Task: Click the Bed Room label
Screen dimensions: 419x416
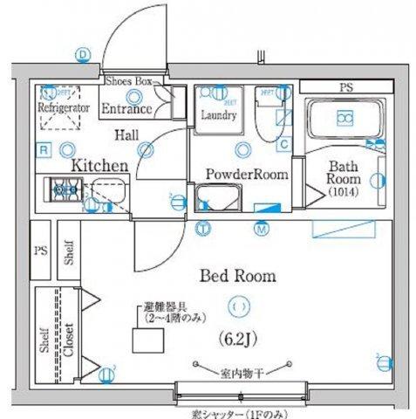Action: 238,276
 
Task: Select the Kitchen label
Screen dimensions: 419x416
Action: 100,164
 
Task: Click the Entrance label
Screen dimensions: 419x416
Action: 128,109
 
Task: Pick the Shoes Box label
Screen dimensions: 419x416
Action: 128,81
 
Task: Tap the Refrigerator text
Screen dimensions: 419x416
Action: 64,107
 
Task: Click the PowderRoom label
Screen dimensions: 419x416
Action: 247,174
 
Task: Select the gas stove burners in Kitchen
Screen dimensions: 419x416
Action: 67,186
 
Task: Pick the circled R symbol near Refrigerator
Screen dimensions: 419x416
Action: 43,150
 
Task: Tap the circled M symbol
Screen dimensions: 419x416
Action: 261,229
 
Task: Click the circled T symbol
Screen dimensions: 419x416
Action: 202,229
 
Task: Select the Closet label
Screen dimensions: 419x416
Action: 68,335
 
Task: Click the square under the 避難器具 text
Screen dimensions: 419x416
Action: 143,340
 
